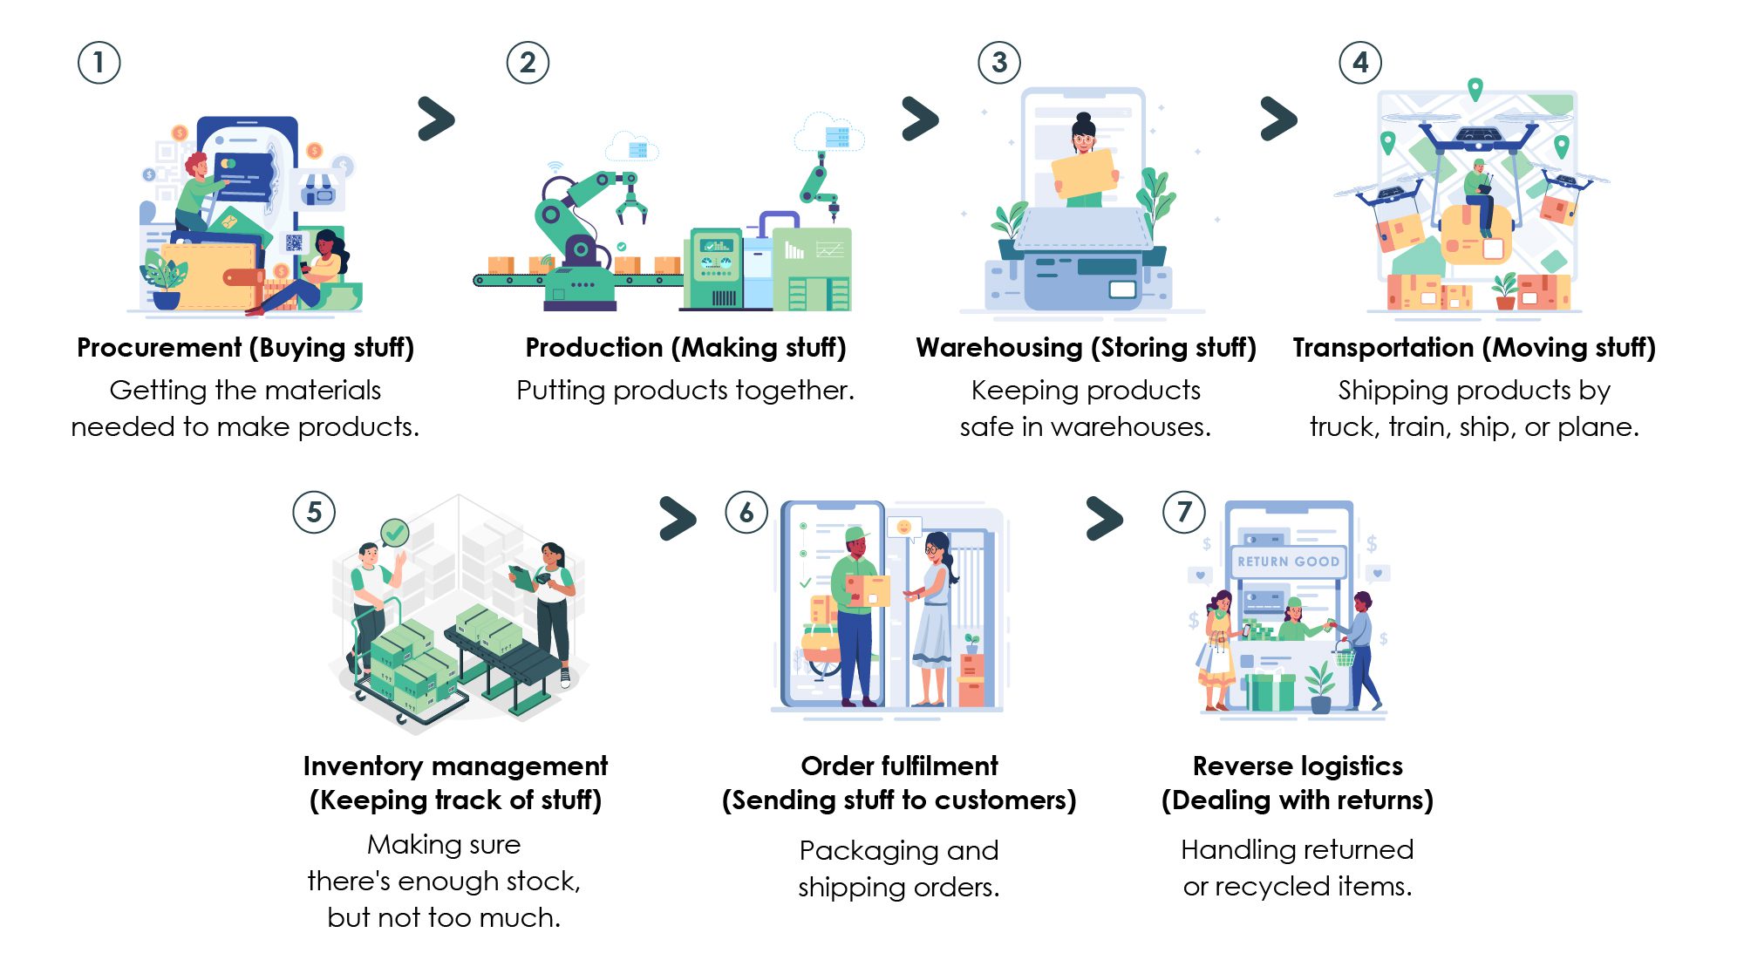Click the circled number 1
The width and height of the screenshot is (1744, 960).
pos(99,63)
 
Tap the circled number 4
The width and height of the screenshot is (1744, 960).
pos(1360,63)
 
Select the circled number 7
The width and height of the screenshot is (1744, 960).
pos(1184,512)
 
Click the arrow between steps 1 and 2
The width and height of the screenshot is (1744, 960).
pos(437,119)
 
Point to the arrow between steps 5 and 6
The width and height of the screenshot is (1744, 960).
pos(678,518)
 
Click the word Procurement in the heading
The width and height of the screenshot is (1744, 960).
pos(159,348)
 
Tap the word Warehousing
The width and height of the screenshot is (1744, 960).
pos(998,348)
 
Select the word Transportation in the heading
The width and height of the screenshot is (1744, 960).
pos(1383,348)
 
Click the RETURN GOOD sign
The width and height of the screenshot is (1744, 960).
pos(1288,562)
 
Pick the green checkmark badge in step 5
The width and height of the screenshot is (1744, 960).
pos(395,531)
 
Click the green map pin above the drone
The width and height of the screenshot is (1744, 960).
pos(1475,88)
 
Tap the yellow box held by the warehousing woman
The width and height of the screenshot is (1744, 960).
pos(1084,174)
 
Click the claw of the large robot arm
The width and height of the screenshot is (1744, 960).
pos(631,207)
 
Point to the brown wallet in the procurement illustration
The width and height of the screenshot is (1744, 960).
pos(209,275)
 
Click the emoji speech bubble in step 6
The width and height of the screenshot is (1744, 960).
pos(904,527)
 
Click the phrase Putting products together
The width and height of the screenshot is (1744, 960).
pos(685,390)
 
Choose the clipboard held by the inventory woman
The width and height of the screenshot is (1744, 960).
pos(522,575)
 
